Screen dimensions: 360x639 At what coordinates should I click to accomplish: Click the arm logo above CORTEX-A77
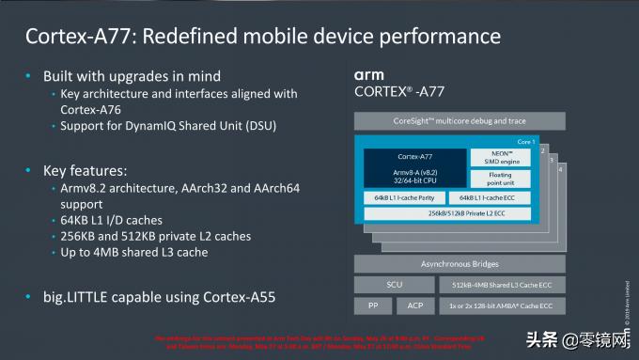point(369,74)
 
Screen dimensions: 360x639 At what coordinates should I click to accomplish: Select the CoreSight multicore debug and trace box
point(460,121)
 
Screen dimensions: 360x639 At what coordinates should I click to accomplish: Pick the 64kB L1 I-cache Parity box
point(403,198)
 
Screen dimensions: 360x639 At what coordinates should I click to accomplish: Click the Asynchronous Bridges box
point(460,264)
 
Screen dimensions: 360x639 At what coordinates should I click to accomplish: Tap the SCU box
point(394,285)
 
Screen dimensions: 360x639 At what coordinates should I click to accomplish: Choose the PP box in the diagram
point(372,306)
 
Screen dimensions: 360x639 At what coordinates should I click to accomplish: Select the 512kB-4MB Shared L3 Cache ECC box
point(503,285)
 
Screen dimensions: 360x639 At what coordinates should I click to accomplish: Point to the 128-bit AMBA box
point(503,306)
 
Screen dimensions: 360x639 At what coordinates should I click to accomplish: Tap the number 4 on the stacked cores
point(562,168)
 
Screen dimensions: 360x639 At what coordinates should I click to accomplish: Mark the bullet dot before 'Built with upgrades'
point(30,76)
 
